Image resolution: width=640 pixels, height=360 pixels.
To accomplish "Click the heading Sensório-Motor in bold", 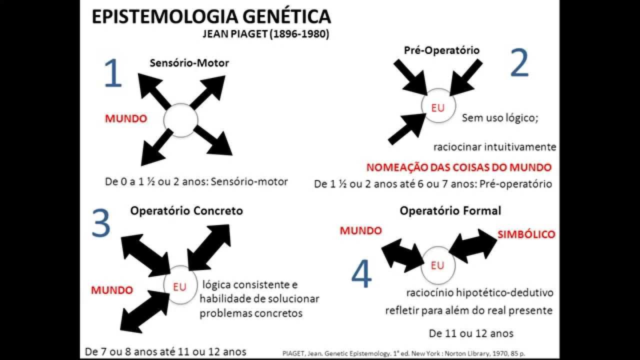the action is click(x=189, y=63).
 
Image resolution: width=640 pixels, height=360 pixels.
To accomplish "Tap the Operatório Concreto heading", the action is click(x=186, y=210).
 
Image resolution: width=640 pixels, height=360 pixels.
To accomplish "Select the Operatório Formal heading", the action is click(x=450, y=210).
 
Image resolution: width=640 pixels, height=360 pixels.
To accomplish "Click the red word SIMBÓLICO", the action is click(x=525, y=234).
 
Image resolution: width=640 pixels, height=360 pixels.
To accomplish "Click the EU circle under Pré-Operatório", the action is click(x=437, y=107).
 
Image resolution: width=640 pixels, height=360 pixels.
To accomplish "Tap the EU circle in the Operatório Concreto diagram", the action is click(x=179, y=286).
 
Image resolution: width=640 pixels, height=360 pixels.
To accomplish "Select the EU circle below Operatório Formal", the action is click(x=437, y=265).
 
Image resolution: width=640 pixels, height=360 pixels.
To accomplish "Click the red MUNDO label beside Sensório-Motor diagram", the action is click(x=125, y=119).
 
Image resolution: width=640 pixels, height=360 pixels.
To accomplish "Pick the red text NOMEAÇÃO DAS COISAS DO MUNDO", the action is click(x=459, y=167).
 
